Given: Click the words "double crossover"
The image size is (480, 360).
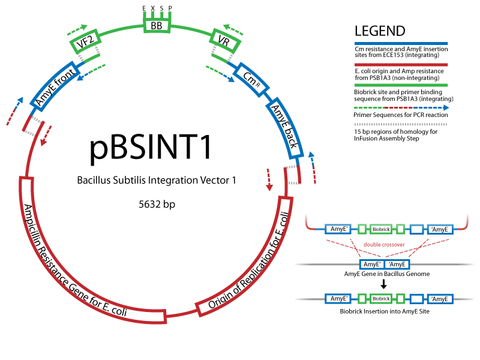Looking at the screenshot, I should pyautogui.click(x=383, y=245).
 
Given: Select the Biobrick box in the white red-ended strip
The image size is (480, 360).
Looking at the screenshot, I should pyautogui.click(x=381, y=229).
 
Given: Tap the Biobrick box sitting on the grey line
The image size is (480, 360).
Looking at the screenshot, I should pyautogui.click(x=381, y=299).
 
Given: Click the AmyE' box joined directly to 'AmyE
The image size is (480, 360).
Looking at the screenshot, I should pyautogui.click(x=372, y=265).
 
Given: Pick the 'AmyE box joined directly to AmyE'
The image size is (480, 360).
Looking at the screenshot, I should pyautogui.click(x=397, y=265).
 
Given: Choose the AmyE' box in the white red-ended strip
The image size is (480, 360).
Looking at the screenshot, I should pyautogui.click(x=338, y=229).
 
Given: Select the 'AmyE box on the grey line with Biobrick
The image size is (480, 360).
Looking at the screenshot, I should pyautogui.click(x=440, y=299).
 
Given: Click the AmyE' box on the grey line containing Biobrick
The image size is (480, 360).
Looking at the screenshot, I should pyautogui.click(x=338, y=299).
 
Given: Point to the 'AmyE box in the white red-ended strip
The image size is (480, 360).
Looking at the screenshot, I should pyautogui.click(x=440, y=229).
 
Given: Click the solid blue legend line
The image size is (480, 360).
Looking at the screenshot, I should pyautogui.click(x=401, y=43).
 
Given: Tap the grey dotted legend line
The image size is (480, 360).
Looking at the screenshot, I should pyautogui.click(x=401, y=125).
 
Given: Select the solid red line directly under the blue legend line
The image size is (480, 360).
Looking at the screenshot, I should pyautogui.click(x=401, y=65).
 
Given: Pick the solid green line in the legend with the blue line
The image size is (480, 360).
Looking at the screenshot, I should pyautogui.click(x=401, y=85).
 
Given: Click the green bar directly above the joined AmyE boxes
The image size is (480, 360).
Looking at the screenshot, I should pyautogui.click(x=401, y=257).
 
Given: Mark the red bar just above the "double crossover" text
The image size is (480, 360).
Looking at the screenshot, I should pyautogui.click(x=401, y=236).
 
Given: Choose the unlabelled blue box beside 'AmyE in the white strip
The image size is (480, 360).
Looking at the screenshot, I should pyautogui.click(x=416, y=229).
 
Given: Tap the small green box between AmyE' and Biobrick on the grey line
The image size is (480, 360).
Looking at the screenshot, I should pyautogui.click(x=362, y=299).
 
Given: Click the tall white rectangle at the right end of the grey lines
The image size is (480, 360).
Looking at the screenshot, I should pyautogui.click(x=466, y=277).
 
